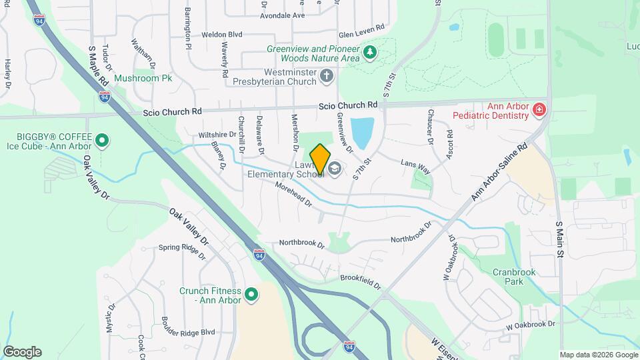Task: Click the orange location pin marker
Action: coord(320,159)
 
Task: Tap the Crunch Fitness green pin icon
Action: coord(251,294)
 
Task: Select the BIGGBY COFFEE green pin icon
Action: coord(102,140)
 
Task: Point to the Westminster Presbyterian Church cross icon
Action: coord(326,77)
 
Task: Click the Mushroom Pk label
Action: coord(143,78)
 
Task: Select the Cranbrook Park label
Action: coord(515,277)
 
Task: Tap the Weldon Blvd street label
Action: coord(221,34)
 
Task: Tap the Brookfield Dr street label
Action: coord(360,282)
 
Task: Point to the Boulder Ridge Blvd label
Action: coord(189,331)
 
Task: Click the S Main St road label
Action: coord(560,240)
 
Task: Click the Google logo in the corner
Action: coord(22,351)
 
